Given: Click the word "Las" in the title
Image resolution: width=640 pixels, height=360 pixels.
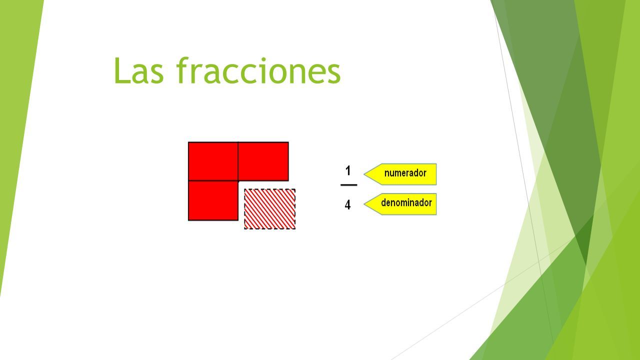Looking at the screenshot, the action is coord(139,71).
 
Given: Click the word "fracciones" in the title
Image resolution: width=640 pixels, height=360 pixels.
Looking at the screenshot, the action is coord(258,70).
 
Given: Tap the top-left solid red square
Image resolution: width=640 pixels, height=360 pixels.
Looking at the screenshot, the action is coord(213,161).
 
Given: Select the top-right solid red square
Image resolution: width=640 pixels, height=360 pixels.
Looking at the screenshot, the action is coord(263,161).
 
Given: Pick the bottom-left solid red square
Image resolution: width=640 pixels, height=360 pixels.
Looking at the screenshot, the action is coord(213,200).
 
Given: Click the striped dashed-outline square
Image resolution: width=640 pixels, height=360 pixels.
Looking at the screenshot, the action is coord(269,209).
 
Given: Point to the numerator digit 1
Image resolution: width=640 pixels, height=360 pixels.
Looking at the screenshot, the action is coord(348,171).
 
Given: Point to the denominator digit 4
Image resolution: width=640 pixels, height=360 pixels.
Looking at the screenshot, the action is coord(347,205).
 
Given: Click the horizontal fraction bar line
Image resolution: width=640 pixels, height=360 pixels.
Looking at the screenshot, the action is coord(349,185).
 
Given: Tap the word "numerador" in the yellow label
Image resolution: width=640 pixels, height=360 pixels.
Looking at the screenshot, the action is coord(405,173).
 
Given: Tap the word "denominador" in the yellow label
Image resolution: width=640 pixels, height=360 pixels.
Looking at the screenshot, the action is coord(406,202).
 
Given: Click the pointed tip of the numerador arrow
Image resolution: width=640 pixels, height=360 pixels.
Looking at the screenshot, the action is coord(364,174).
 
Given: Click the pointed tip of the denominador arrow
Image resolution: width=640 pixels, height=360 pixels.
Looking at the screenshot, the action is coord(364,204).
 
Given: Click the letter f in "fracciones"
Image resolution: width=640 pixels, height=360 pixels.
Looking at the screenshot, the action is coord(182,70).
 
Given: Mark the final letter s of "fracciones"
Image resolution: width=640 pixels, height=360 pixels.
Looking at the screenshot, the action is coord(333,74).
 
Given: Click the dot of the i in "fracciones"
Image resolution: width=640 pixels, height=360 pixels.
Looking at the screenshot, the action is coord(263,59).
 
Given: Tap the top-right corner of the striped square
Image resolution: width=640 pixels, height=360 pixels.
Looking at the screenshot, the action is coord(295,189).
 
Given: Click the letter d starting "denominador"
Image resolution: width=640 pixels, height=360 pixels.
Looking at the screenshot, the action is coord(384,202).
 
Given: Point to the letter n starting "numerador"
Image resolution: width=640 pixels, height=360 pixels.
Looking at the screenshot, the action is coord(387,174).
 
